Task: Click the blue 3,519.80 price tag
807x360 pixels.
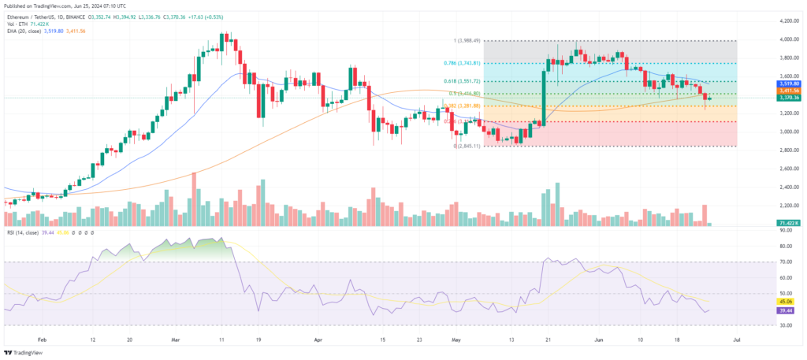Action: [790, 83]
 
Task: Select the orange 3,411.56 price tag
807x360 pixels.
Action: [790, 91]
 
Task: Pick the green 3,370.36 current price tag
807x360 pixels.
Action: [790, 98]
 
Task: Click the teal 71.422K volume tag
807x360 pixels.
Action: [790, 225]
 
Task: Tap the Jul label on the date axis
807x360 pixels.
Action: [735, 340]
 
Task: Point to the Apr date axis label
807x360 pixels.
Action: [318, 340]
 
